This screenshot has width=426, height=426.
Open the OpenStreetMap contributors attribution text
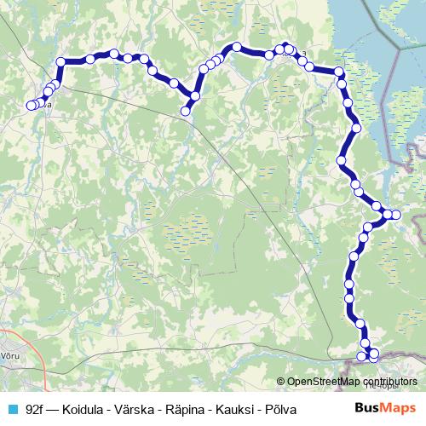click(x=352, y=382)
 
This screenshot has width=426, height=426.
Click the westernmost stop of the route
click(x=31, y=106)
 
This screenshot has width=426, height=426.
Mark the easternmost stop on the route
click(x=394, y=214)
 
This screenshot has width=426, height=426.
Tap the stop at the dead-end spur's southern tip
click(x=185, y=111)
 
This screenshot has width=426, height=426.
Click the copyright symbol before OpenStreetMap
click(x=281, y=382)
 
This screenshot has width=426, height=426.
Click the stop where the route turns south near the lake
click(x=339, y=73)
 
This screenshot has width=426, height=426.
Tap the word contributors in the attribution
click(x=389, y=382)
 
